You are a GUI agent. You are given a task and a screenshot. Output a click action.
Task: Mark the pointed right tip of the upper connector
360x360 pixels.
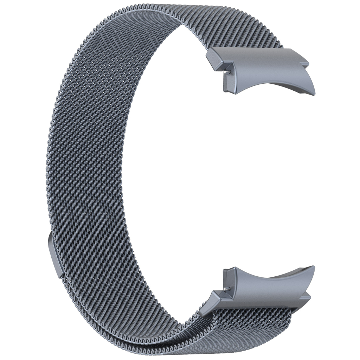click(314, 94)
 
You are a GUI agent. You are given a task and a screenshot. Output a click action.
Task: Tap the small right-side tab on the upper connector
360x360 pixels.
click(305, 64)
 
